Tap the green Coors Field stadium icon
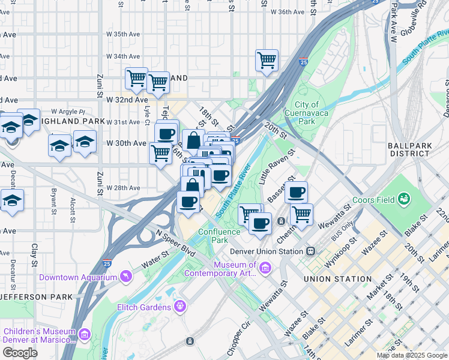[x=405, y=198]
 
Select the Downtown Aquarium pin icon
[x=125, y=276]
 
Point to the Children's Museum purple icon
[x=84, y=333]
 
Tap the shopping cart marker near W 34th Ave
[x=267, y=59]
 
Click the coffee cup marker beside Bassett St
[x=296, y=193]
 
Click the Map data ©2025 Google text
[x=411, y=355]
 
